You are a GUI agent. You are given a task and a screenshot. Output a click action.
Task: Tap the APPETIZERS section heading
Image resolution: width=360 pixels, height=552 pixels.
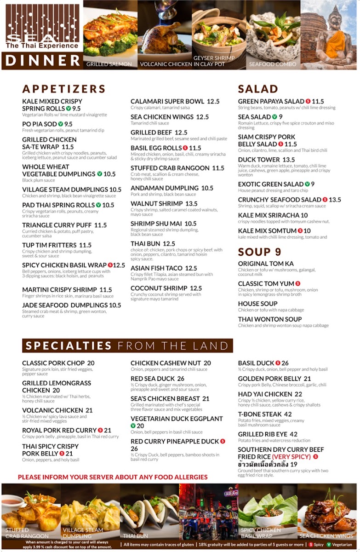click(x=64, y=89)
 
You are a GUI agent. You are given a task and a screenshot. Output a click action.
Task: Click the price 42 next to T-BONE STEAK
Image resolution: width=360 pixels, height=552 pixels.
click(x=288, y=414)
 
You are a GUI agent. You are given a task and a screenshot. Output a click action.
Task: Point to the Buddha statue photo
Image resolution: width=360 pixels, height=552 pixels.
click(x=329, y=34)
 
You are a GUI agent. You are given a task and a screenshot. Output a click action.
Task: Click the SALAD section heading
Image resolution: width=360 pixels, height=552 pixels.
click(x=258, y=89)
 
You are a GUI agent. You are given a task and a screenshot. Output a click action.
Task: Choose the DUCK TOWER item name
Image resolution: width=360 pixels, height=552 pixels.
click(x=259, y=160)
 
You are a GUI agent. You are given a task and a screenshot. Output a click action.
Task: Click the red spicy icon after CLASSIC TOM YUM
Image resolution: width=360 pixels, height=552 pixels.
click(x=298, y=284)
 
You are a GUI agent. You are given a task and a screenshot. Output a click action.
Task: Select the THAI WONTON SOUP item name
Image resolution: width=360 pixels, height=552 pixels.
click(x=270, y=319)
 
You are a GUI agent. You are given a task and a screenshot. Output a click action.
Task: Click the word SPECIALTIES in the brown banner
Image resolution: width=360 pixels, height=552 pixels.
click(x=69, y=346)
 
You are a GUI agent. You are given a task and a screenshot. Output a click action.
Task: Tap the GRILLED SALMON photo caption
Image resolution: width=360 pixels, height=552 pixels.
click(x=109, y=64)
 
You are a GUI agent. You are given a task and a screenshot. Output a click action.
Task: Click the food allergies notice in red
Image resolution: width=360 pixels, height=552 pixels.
click(x=113, y=477)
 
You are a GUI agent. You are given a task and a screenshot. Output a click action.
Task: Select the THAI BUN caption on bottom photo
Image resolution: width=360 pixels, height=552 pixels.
click(x=135, y=536)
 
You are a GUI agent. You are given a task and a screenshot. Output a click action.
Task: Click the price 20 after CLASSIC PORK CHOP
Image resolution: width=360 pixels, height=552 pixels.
click(x=91, y=363)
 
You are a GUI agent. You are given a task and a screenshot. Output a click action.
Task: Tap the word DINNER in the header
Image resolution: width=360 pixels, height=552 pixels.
click(x=43, y=61)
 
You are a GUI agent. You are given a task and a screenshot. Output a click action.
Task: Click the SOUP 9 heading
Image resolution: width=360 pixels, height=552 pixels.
click(x=259, y=252)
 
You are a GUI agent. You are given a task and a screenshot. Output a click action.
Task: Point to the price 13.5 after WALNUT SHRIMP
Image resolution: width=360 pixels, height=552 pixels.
click(x=191, y=203)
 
